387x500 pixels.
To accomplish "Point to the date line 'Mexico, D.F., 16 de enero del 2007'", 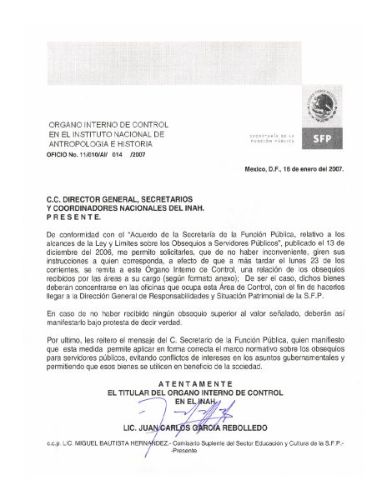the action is [294, 169].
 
